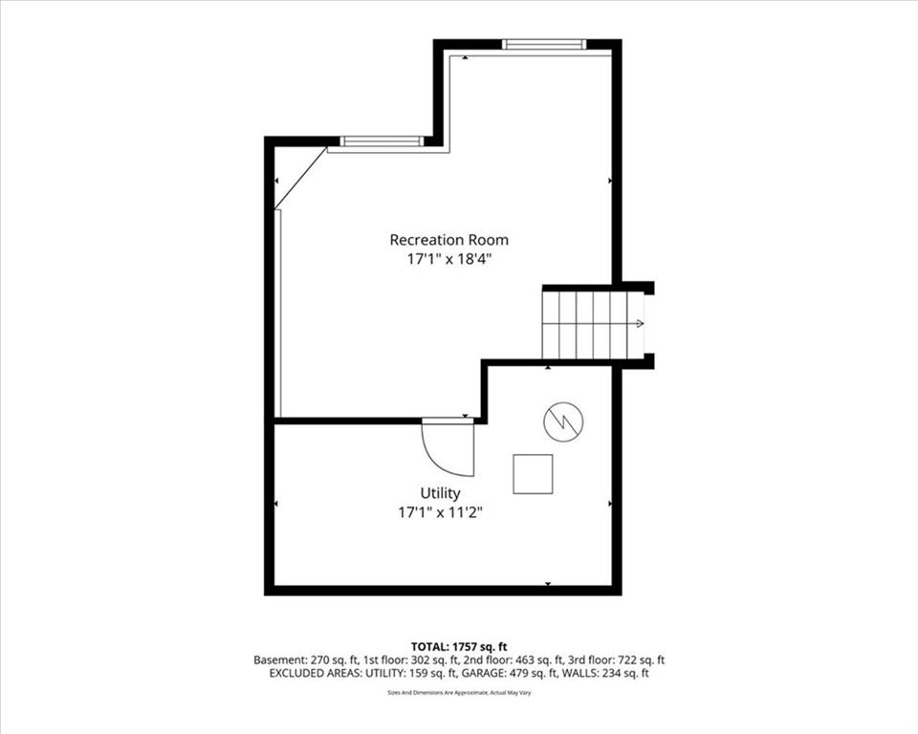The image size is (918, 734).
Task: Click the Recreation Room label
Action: [449, 240]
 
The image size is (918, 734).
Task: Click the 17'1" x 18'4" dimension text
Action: [449, 259]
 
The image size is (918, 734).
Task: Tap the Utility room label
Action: [440, 493]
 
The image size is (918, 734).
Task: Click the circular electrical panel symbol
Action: [564, 421]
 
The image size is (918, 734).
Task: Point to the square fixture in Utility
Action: [533, 474]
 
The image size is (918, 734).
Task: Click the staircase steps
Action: [593, 324]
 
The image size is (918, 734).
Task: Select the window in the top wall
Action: [544, 44]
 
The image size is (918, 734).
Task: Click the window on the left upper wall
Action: [382, 141]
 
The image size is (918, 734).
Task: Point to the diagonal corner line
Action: [300, 178]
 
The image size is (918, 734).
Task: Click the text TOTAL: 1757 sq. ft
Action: [459, 647]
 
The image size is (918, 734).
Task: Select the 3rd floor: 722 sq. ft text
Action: [617, 660]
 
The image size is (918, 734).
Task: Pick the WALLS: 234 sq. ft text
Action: [605, 673]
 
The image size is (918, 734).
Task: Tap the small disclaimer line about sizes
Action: [459, 693]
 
